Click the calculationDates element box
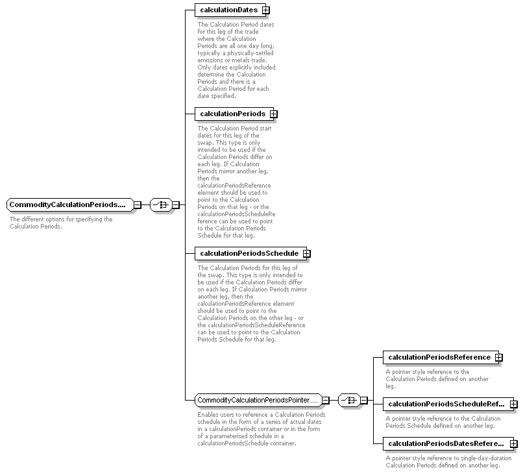[x=230, y=10]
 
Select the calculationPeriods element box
[x=234, y=114]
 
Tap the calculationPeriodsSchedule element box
[x=250, y=253]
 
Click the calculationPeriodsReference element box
[x=441, y=357]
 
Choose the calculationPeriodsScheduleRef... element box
[x=448, y=404]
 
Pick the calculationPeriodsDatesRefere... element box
[x=448, y=443]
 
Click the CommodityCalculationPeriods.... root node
[x=70, y=205]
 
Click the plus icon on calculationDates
[x=266, y=10]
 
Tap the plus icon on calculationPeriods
[x=274, y=114]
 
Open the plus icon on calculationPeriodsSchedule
[x=306, y=254]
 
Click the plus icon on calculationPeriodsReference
[x=498, y=358]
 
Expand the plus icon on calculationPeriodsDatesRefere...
[x=514, y=444]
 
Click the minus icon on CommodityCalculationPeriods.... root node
[x=138, y=205]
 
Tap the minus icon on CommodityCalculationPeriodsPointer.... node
[x=326, y=400]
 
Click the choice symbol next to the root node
[x=161, y=205]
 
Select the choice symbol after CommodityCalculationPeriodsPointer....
[x=349, y=400]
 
